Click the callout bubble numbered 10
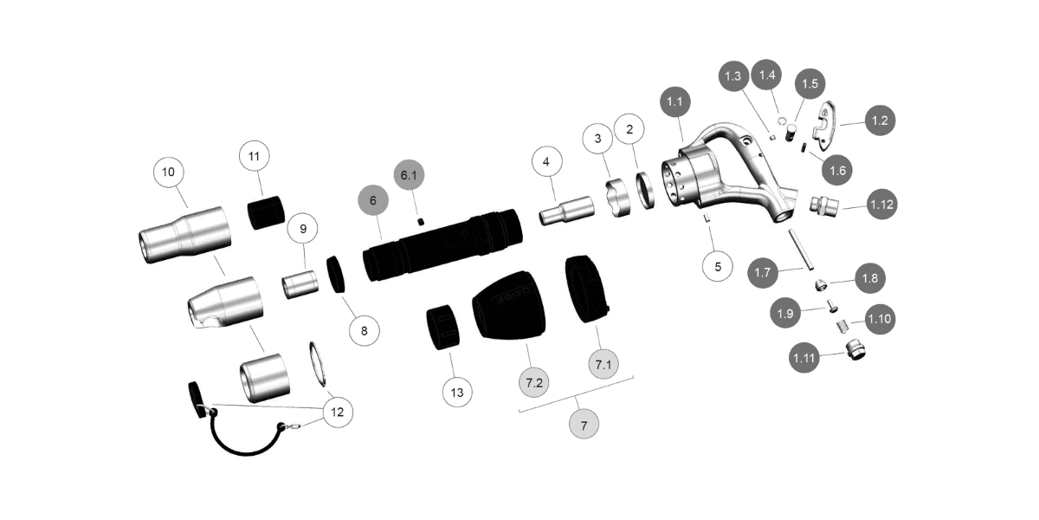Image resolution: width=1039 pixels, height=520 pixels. [168, 172]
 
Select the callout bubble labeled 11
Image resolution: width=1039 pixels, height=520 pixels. [255, 157]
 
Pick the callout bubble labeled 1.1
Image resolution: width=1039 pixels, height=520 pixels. [676, 102]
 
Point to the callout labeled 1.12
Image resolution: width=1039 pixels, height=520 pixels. [881, 205]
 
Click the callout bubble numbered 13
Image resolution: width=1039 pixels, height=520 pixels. [457, 393]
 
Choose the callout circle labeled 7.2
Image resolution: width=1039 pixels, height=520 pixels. [534, 381]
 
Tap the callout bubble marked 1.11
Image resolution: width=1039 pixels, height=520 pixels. [804, 355]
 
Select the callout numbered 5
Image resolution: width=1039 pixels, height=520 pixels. [718, 267]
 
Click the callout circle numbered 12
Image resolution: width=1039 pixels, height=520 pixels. [338, 413]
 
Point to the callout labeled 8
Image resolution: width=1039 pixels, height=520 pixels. [364, 329]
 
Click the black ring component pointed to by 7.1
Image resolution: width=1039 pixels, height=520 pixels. [586, 289]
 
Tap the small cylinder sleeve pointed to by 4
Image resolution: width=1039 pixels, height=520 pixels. [566, 209]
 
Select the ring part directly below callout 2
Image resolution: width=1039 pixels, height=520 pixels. [645, 191]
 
